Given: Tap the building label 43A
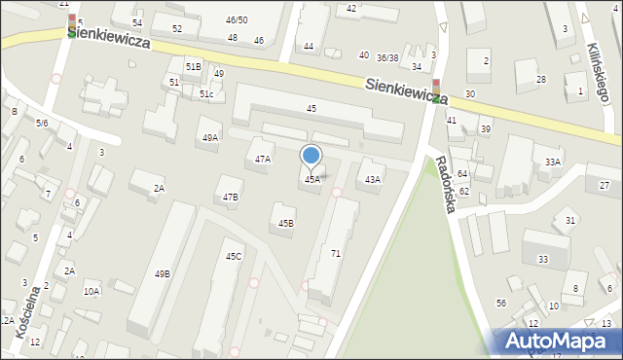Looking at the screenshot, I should (372, 180).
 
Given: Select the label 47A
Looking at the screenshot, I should (263, 159).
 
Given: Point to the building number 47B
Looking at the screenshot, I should (230, 198).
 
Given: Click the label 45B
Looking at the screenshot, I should (285, 224).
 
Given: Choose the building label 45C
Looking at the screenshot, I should (234, 257).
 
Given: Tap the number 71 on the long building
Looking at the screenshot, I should (336, 253).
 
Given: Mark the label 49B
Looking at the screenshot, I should (163, 274).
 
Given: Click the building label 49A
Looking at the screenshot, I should (210, 138).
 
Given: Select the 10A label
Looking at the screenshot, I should (92, 291).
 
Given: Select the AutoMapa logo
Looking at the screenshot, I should (555, 340).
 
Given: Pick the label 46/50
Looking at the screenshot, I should (237, 20).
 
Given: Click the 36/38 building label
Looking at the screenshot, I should (387, 57).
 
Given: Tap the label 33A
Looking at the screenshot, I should (553, 162).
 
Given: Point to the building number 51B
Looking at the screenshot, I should (194, 66).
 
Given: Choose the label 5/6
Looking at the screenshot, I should (42, 123).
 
